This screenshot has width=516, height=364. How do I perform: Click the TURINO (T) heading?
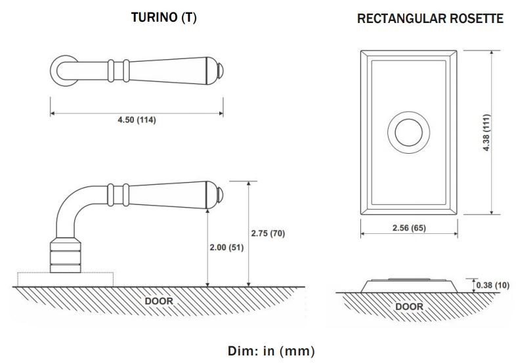[164, 18]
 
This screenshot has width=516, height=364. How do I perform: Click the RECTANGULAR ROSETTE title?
[430, 18]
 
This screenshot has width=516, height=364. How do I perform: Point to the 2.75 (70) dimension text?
[268, 233]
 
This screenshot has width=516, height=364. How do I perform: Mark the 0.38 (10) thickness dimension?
[494, 285]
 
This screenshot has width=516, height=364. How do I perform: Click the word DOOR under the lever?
[158, 301]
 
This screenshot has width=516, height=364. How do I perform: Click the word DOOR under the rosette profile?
[409, 306]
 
